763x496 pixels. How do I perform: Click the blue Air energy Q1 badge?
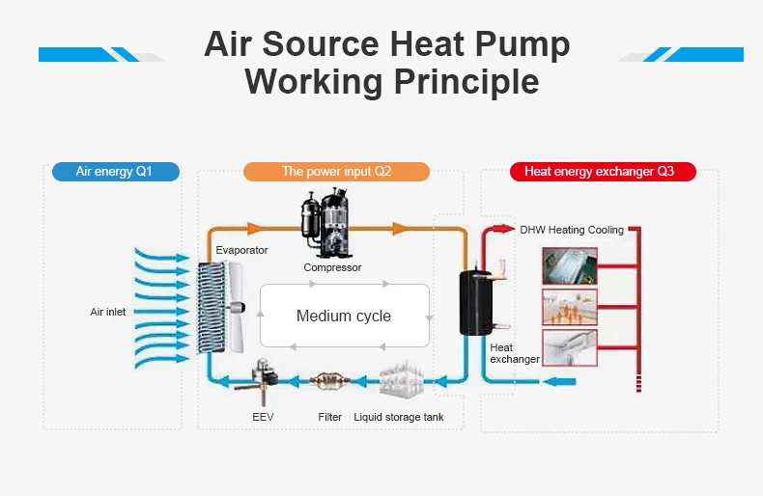coord(114,172)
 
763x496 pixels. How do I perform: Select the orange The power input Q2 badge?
coord(336,172)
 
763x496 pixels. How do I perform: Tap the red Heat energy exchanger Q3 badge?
coord(599,172)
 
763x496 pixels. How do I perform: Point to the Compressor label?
coord(332,267)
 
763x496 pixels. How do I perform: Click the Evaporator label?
coord(241,250)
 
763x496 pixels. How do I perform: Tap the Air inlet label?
coord(108,312)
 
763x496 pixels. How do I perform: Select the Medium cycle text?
coord(344,316)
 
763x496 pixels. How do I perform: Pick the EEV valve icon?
coord(263,375)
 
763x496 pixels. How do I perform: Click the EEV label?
coord(263,417)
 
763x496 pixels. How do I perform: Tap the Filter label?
coord(329,417)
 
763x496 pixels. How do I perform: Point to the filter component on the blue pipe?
coord(330,381)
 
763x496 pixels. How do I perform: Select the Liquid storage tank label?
coord(399,417)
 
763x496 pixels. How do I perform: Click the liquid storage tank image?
coord(398,379)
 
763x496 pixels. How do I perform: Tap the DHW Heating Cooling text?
coord(572,230)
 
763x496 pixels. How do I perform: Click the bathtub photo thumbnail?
coord(570,265)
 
